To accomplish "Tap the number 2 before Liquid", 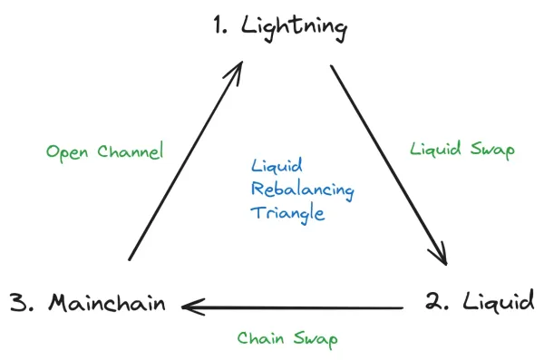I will (x=436, y=299).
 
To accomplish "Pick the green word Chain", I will (x=261, y=338).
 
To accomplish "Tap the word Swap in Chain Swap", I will (x=316, y=339).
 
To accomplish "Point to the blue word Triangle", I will (x=288, y=215).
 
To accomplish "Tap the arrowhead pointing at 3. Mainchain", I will (x=189, y=307).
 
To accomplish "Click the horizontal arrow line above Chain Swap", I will (x=299, y=307).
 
